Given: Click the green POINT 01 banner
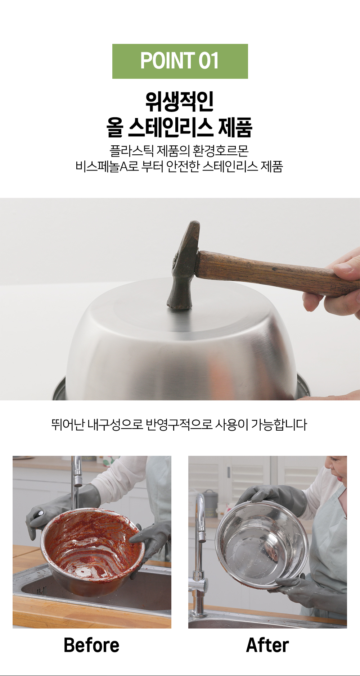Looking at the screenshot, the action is click(x=180, y=61).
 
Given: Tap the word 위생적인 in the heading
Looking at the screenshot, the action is click(x=180, y=102).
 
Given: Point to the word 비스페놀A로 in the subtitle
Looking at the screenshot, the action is click(x=107, y=167).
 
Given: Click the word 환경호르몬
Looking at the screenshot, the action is click(x=221, y=151).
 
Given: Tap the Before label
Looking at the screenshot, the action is click(x=91, y=645).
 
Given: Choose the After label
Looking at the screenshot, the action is click(x=267, y=645).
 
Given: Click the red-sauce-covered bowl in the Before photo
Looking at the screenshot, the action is click(x=92, y=547).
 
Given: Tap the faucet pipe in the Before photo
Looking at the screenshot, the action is click(x=76, y=482).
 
